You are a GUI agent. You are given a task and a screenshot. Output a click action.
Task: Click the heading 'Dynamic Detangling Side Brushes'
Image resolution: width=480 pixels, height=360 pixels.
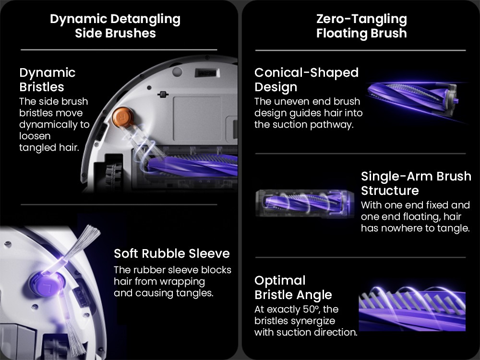coord(115,26)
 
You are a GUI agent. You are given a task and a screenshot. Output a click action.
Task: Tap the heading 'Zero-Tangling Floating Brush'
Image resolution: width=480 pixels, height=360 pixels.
coord(361,26)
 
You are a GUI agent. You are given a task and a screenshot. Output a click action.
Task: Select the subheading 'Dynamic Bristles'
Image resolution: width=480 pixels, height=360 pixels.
coord(48,80)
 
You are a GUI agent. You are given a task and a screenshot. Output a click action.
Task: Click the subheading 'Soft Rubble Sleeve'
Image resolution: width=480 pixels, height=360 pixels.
coord(171,253)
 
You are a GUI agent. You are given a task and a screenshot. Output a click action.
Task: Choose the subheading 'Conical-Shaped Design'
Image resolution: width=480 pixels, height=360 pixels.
coord(306,80)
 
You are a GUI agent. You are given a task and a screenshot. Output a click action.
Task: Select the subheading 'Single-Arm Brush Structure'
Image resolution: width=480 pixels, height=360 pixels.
coord(416,183)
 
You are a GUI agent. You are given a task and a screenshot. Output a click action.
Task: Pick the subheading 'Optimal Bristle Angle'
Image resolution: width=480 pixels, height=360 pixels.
coord(293,288)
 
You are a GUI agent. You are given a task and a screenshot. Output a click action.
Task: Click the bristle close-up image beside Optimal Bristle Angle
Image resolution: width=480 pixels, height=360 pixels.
coord(412,309)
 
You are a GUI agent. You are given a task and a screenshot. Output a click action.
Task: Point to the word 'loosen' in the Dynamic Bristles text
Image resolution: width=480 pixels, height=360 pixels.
coord(35,136)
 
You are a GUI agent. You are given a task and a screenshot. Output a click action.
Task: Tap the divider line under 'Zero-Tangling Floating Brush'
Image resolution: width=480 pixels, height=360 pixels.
coord(360,50)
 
